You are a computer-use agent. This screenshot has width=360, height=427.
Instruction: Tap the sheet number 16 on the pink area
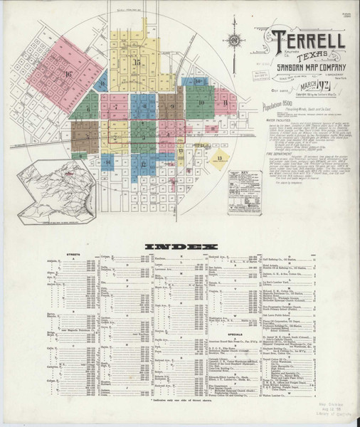69,73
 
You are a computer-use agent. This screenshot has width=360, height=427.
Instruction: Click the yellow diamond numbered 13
220,157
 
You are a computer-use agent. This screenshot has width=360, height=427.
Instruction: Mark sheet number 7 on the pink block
115,107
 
